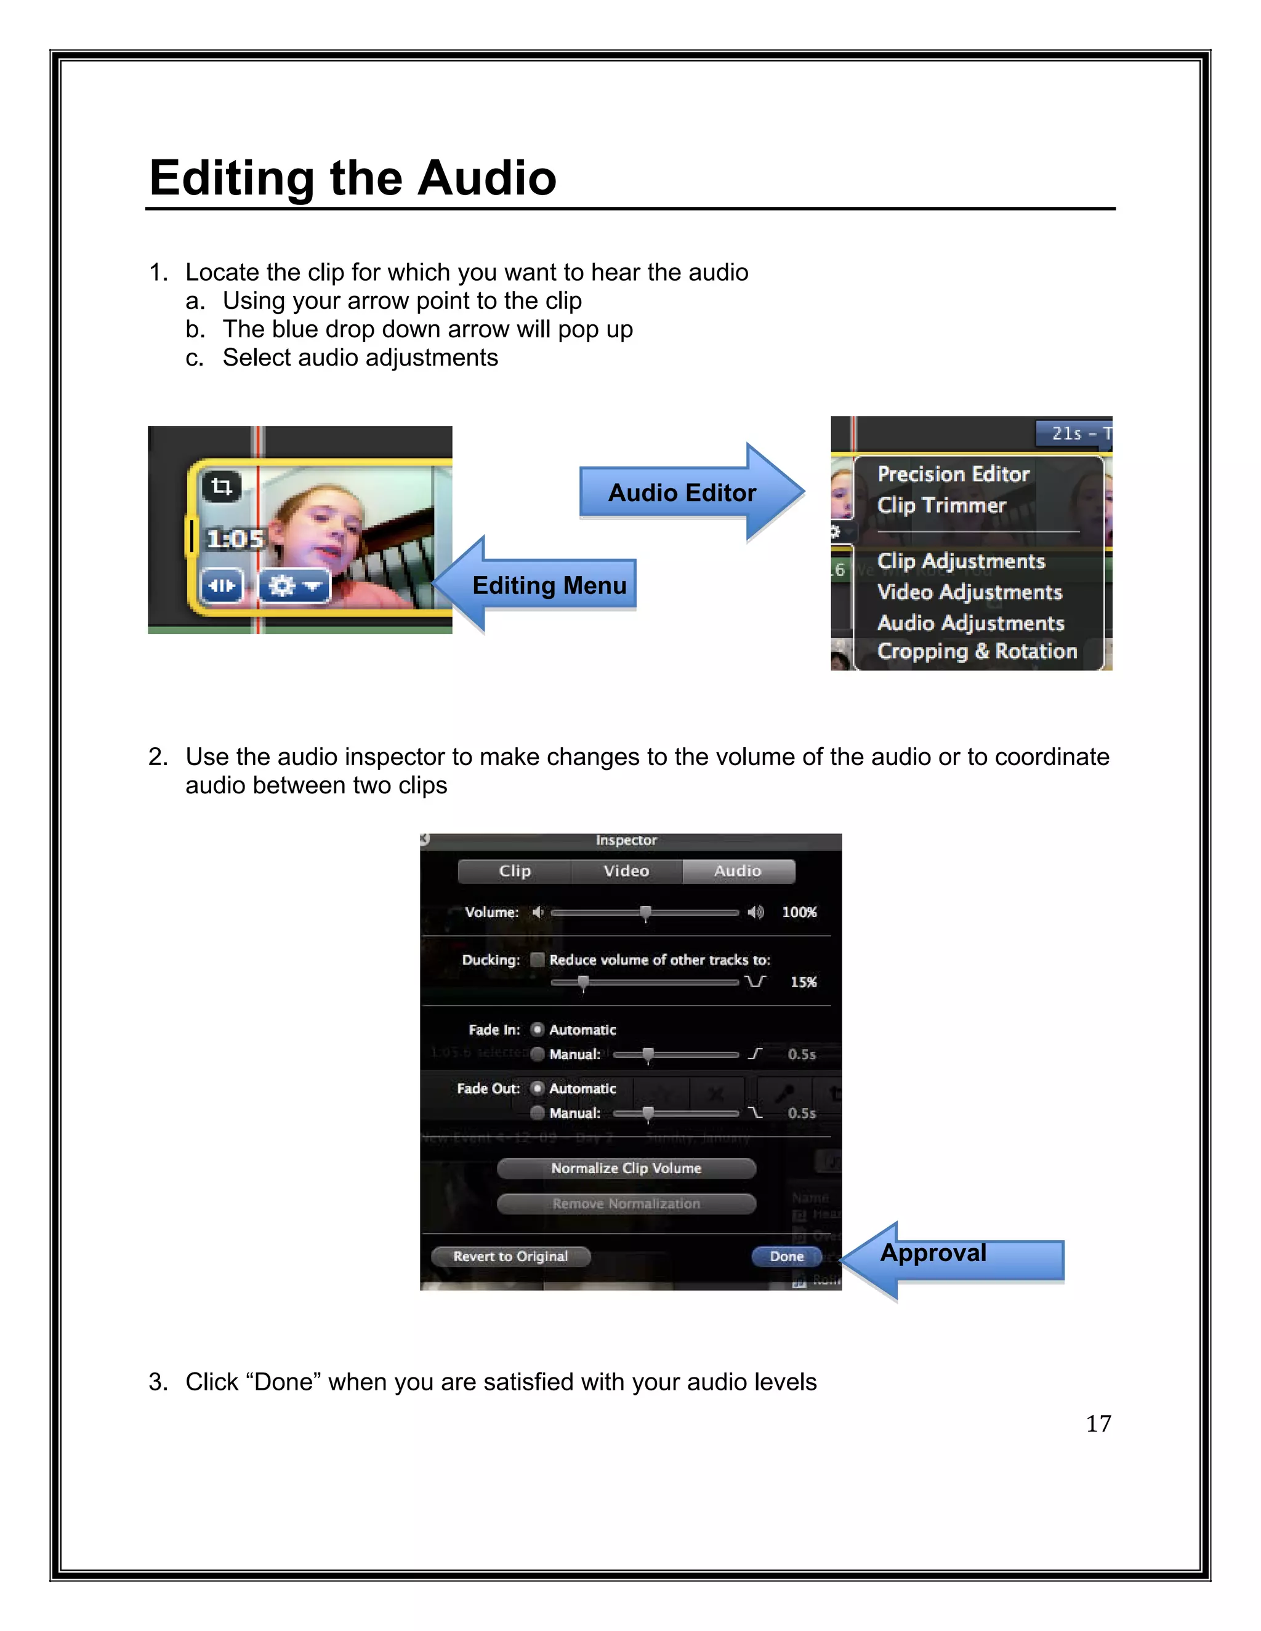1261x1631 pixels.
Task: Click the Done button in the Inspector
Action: point(787,1256)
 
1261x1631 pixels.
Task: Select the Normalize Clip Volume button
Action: point(626,1168)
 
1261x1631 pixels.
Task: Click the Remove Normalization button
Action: point(626,1203)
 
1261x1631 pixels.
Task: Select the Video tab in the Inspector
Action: point(626,871)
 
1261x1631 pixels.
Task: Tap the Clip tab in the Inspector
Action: point(515,871)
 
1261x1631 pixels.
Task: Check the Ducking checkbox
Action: point(537,960)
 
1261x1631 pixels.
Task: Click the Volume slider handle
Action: point(645,913)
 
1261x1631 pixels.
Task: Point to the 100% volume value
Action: point(799,912)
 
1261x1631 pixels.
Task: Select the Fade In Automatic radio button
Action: point(537,1029)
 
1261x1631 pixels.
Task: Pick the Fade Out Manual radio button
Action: point(537,1113)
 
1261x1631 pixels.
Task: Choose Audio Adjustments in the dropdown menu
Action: point(970,623)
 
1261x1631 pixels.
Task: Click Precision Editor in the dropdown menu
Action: point(953,474)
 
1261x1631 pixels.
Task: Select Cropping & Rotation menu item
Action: point(977,651)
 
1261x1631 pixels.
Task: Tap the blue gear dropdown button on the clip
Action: point(294,585)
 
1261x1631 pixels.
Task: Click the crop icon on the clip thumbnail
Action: point(221,487)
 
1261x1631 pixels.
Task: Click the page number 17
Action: point(1098,1424)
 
